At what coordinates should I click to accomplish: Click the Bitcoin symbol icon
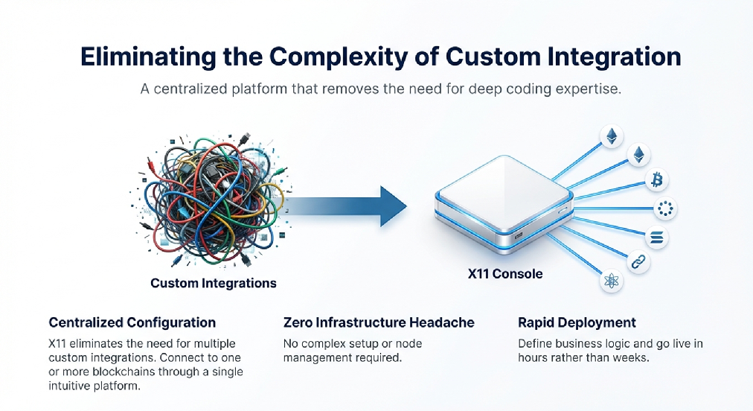[x=656, y=180]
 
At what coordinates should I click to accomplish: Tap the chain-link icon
[x=638, y=262]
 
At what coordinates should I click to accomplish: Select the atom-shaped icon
[x=612, y=281]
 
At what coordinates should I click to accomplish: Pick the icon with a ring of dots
[x=665, y=208]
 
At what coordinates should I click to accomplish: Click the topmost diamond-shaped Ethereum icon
[x=612, y=136]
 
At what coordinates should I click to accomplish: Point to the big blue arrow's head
[x=394, y=206]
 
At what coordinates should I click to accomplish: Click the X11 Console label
[x=505, y=274]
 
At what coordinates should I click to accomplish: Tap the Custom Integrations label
[x=214, y=283]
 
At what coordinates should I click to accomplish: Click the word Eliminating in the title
[x=148, y=57]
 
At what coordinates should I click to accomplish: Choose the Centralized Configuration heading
[x=132, y=322]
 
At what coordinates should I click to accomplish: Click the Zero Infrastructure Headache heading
[x=379, y=322]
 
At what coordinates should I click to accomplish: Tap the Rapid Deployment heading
[x=577, y=322]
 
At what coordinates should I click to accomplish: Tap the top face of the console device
[x=505, y=186]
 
